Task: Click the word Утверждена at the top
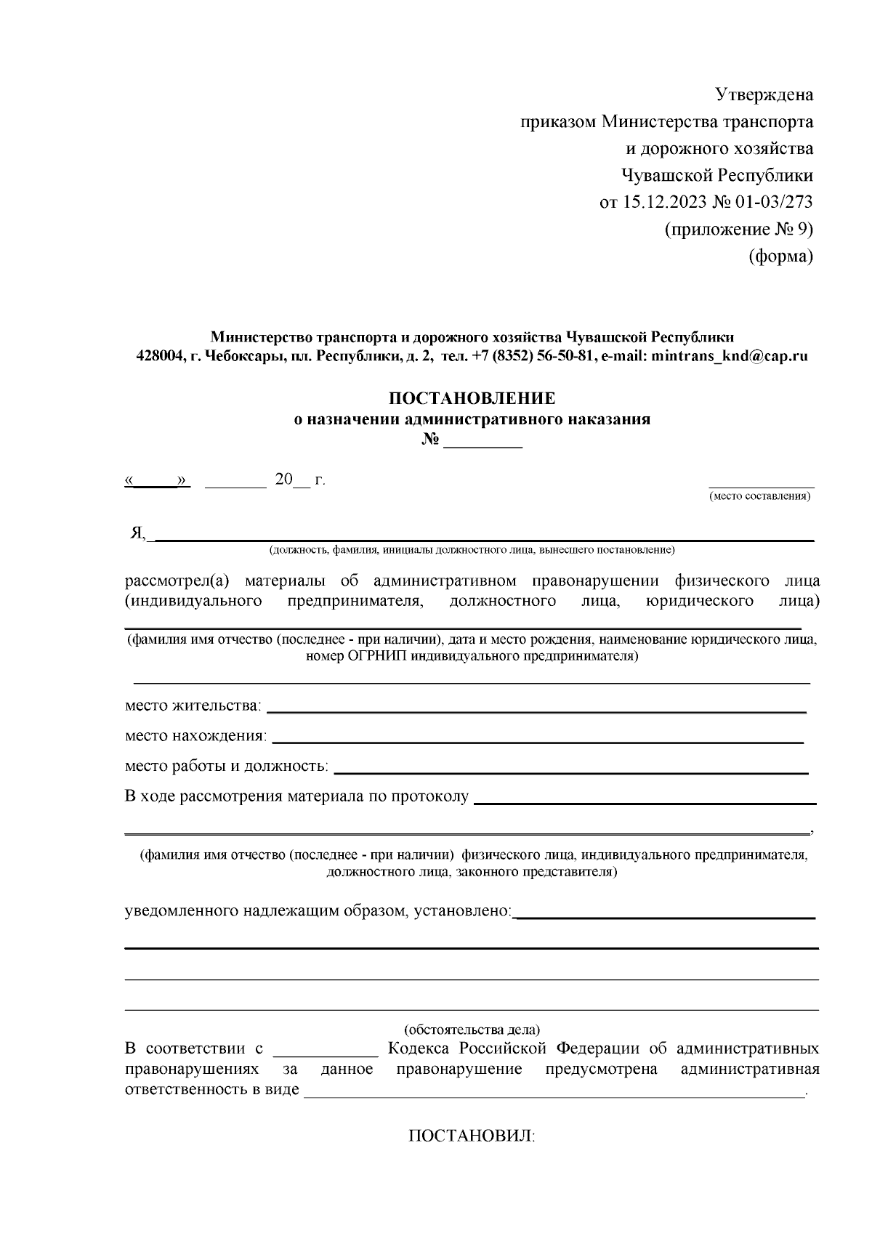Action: point(764,95)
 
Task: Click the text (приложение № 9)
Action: point(739,230)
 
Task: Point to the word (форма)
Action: point(780,256)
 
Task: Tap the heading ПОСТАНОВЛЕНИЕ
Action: point(472,398)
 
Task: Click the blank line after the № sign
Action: point(483,444)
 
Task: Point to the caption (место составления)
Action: point(760,496)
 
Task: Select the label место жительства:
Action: point(193,706)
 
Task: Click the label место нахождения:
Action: point(195,736)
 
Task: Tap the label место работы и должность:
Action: point(226,766)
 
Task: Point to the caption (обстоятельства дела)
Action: point(472,1030)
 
